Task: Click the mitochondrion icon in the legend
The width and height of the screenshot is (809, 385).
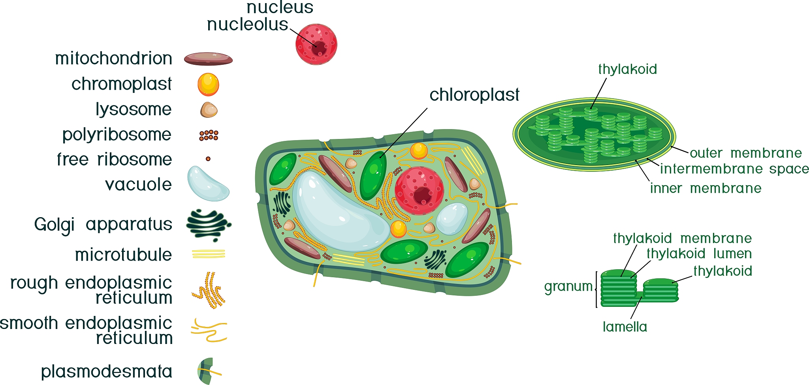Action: [x=208, y=59]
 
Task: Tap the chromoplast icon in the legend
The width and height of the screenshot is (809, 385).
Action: [x=208, y=85]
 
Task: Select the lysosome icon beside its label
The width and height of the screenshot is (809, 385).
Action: [x=209, y=110]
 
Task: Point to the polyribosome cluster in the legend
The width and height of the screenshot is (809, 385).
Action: [x=209, y=135]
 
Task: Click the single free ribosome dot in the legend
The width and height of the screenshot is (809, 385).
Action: [x=208, y=159]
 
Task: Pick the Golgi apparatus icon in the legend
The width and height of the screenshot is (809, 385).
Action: [x=208, y=224]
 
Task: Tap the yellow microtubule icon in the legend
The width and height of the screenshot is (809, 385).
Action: [x=208, y=254]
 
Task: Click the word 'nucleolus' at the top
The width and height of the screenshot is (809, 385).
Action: [x=248, y=24]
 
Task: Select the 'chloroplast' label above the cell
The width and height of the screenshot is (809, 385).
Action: [x=474, y=95]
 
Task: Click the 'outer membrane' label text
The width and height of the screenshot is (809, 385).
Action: [x=746, y=153]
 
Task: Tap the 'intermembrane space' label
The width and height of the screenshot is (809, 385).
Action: [x=734, y=169]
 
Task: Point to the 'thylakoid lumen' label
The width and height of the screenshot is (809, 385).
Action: [x=699, y=254]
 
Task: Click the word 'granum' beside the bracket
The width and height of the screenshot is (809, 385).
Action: [x=568, y=286]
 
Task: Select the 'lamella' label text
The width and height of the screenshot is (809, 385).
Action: [x=625, y=327]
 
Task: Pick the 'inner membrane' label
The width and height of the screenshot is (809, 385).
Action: [x=706, y=188]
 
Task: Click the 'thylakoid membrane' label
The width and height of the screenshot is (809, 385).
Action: [x=682, y=238]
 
